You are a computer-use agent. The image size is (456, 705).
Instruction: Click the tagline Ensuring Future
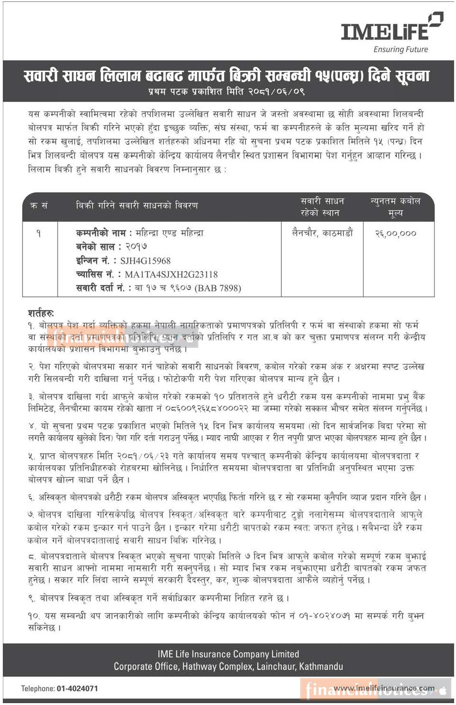coord(401,50)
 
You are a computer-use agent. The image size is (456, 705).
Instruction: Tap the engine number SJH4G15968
coord(145,260)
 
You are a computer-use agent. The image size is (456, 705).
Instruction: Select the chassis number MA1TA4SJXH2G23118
coord(171,274)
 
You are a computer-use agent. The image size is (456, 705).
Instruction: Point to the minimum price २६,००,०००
coord(396,233)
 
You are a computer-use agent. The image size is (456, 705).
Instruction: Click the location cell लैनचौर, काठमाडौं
coord(322,233)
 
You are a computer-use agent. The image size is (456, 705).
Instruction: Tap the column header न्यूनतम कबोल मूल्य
coord(396,207)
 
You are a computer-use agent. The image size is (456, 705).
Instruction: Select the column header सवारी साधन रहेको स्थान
coord(322,207)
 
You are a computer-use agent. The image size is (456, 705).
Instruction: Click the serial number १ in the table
coord(39,233)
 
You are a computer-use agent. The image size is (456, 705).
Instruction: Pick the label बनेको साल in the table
coord(95,247)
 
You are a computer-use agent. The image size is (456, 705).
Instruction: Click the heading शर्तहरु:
coord(41,313)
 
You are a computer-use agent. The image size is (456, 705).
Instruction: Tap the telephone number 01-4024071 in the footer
coord(77,688)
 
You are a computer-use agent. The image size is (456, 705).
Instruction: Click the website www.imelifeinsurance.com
coord(383,688)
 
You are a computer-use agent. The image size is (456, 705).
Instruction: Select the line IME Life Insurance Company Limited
coord(228,655)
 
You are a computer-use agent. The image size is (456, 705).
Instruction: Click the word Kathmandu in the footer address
coord(321,667)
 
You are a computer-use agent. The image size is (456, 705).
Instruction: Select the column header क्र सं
coord(39,206)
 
